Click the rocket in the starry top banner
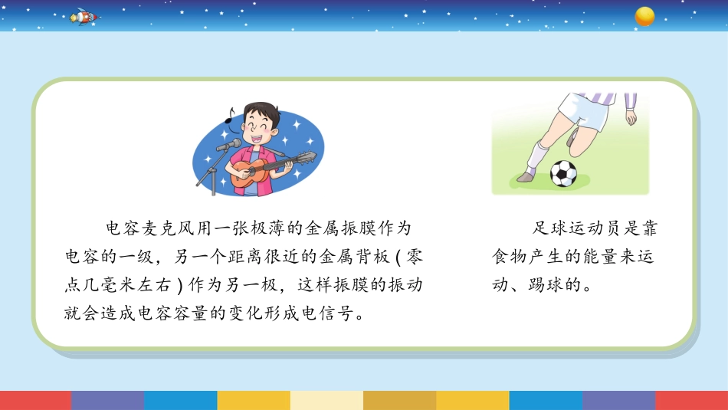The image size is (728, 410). point(84,17)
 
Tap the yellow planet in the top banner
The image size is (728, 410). point(644,16)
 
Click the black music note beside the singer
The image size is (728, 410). point(229,116)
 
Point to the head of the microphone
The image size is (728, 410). point(228,145)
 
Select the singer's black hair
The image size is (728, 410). point(261,111)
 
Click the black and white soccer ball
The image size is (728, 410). point(563,174)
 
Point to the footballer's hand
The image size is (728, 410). point(631,117)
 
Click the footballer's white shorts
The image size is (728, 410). point(584,110)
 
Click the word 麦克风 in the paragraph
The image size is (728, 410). point(160,228)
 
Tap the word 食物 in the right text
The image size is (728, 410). point(510,256)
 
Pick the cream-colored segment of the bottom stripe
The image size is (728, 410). point(327,400)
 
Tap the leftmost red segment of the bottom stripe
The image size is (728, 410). point(36,400)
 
